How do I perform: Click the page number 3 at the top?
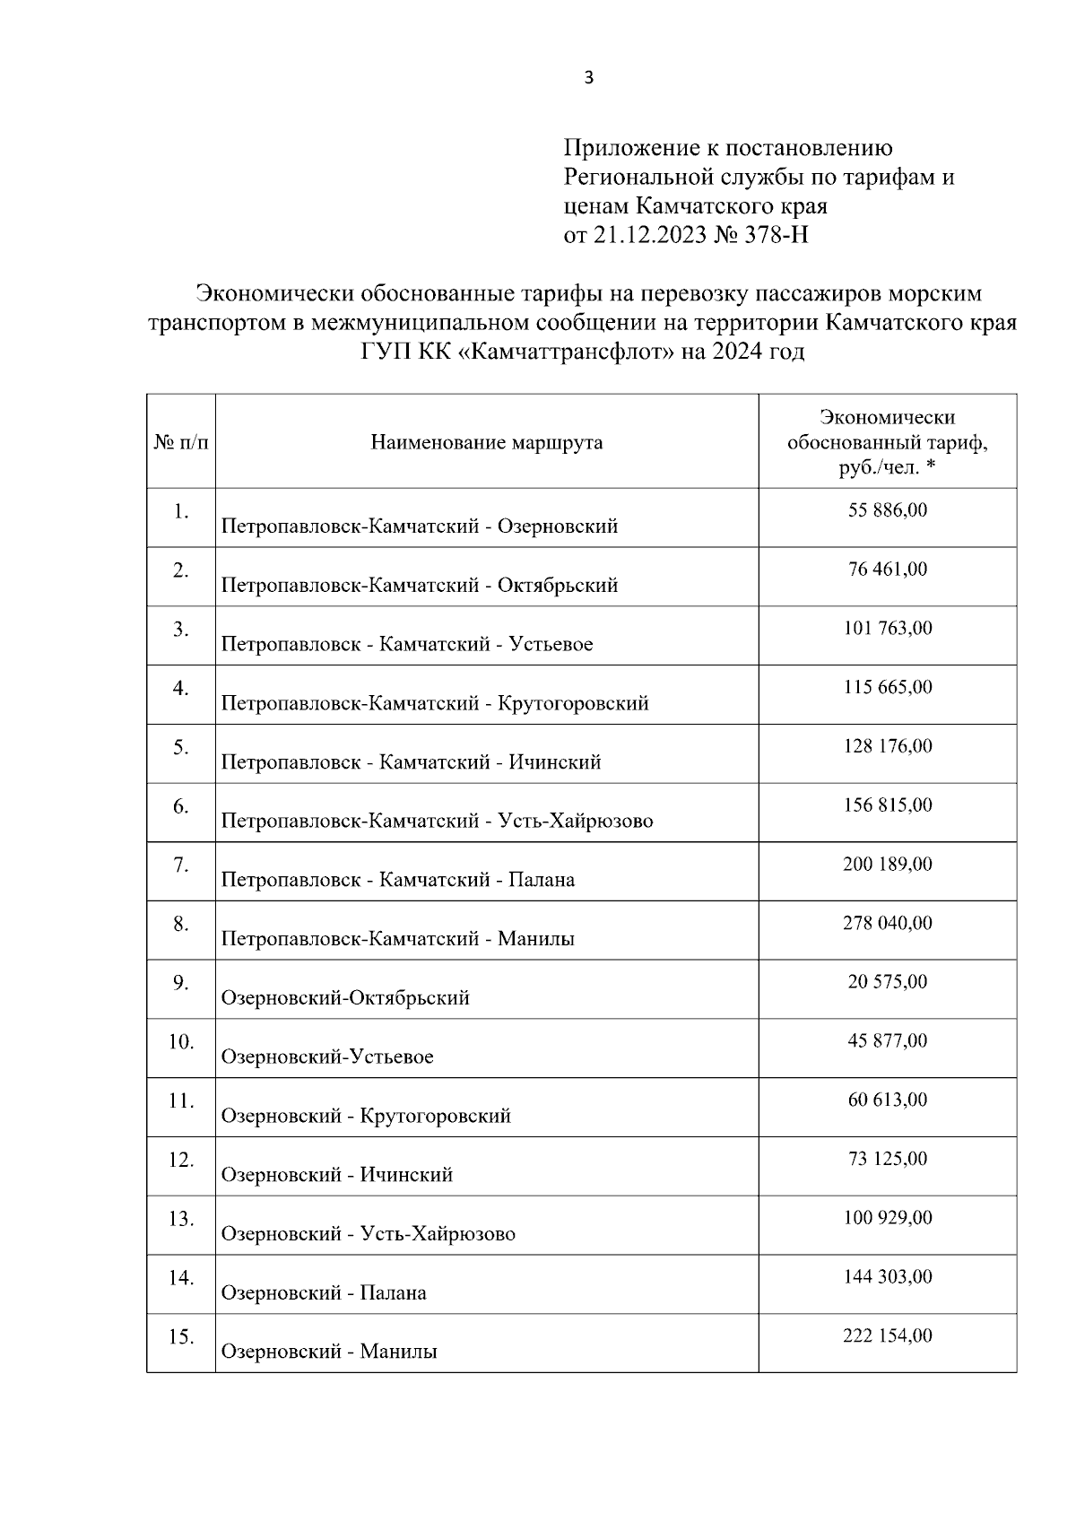coord(588,78)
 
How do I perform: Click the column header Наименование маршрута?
coord(486,442)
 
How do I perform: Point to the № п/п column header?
coord(180,442)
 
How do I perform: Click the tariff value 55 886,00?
coord(887,510)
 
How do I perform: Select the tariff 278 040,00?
coord(887,923)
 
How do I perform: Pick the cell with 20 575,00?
coord(887,982)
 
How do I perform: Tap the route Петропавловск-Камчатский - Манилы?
coord(397,939)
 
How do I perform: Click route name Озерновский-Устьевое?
coord(326,1057)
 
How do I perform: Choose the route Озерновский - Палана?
coord(323,1292)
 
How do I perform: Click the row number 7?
coord(180,865)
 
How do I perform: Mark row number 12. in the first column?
coord(180,1160)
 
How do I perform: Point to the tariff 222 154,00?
coord(887,1335)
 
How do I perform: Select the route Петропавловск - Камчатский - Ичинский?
coord(411,762)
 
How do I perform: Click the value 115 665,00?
coord(887,687)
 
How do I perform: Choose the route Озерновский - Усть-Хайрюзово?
coord(368,1233)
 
